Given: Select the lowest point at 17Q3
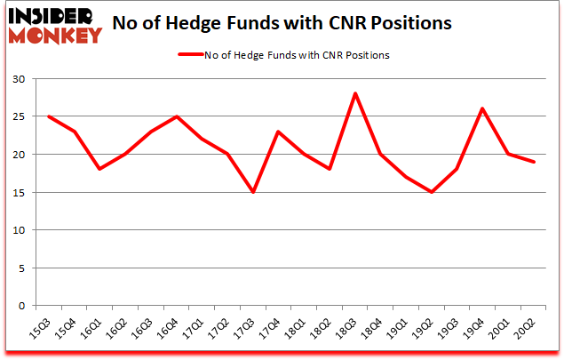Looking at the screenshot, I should tap(254, 192).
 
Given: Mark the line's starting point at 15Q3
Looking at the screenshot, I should tap(49, 116).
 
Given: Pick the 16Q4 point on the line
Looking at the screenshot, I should tap(178, 116).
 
